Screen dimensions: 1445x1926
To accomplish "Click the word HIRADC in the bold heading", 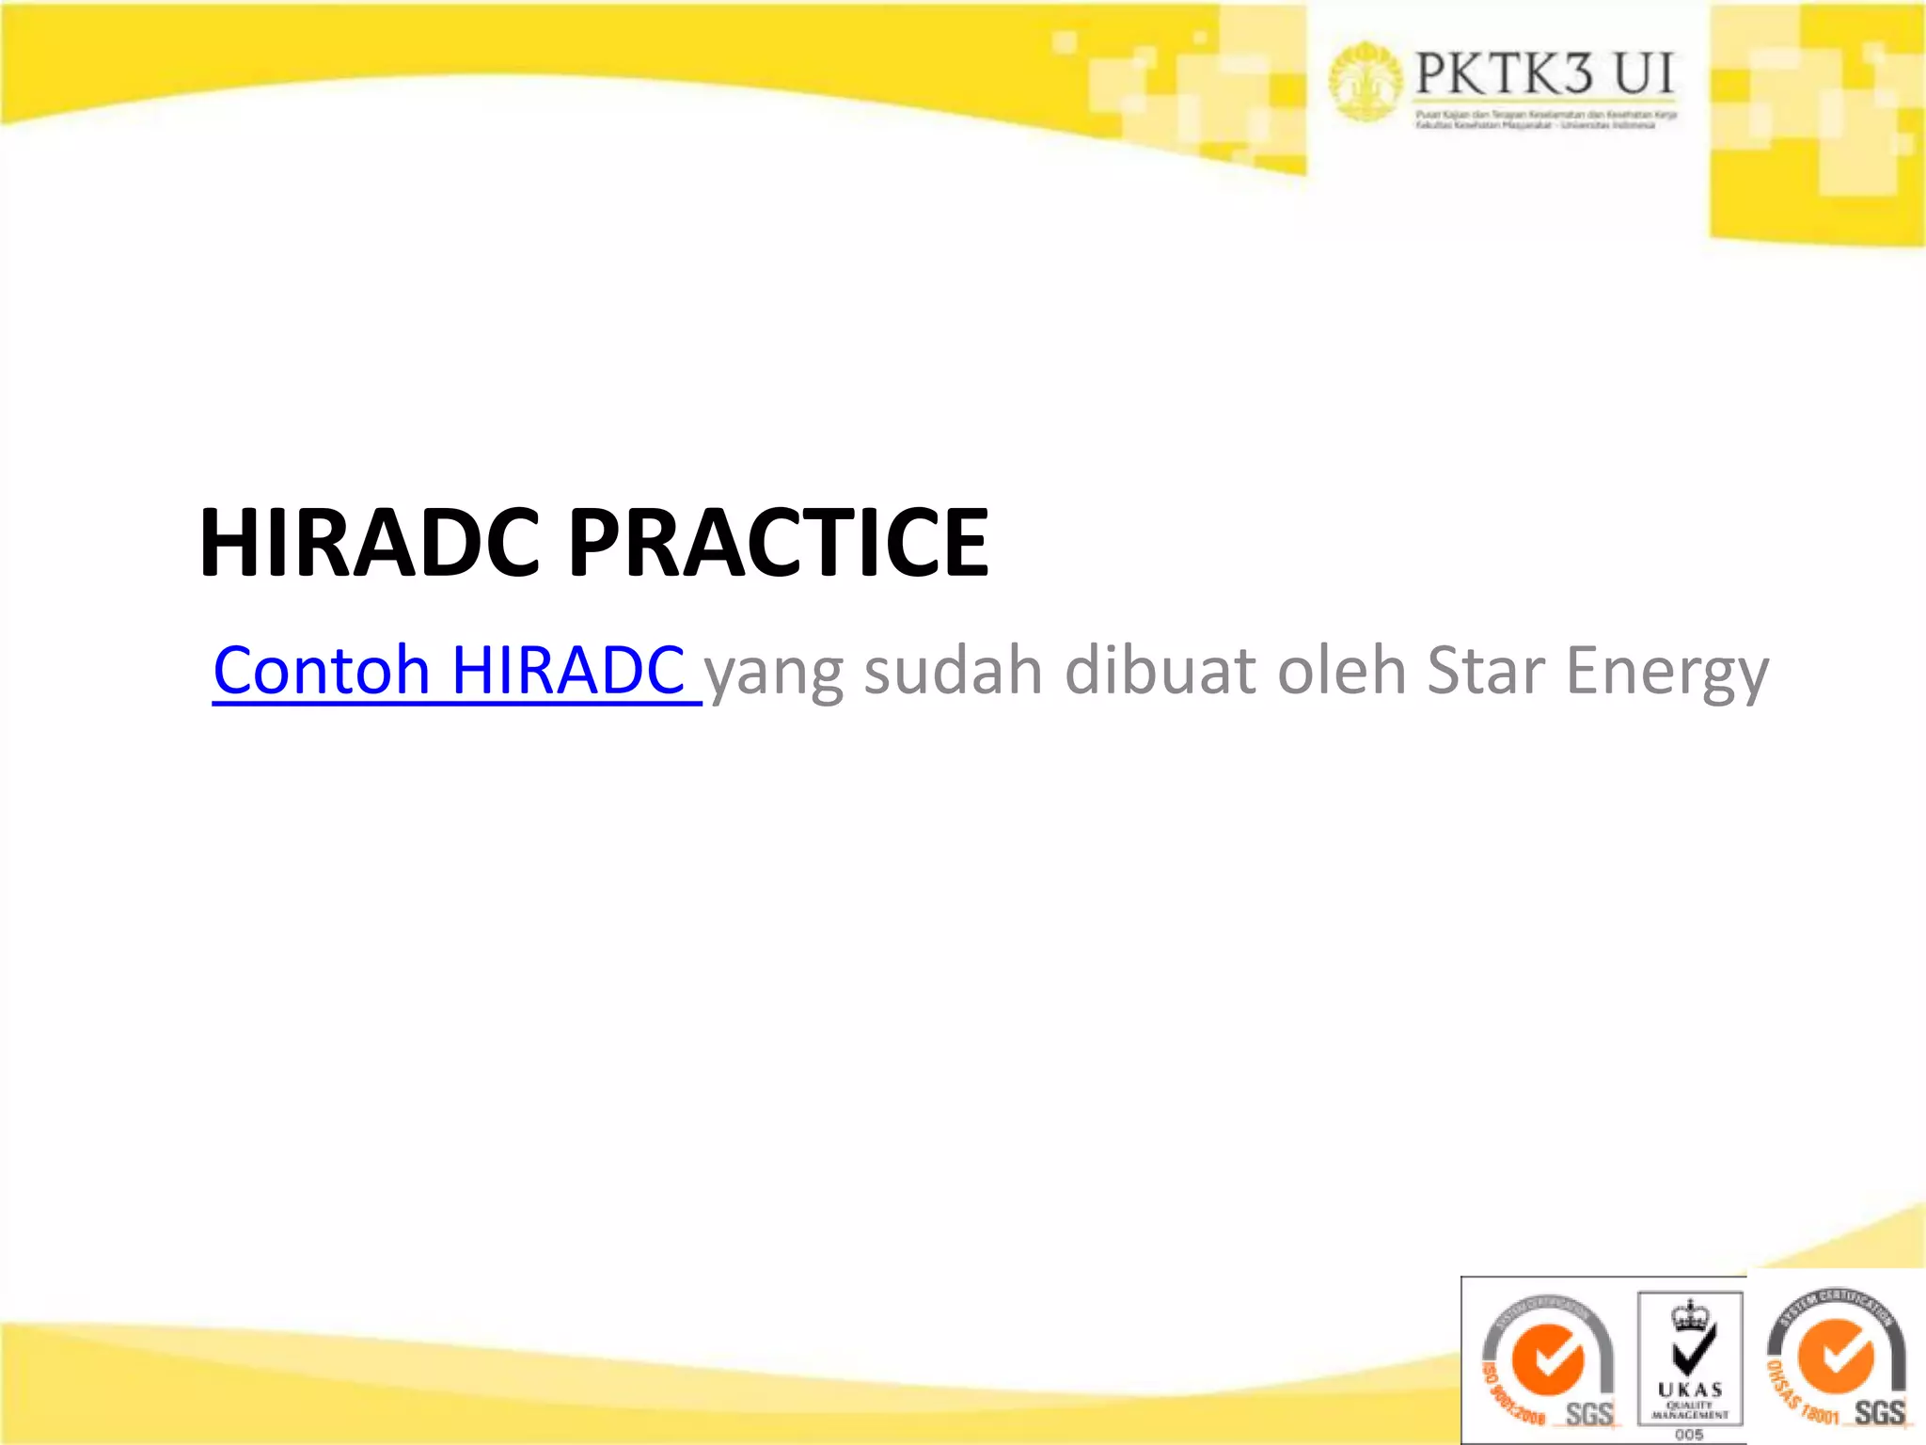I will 369,543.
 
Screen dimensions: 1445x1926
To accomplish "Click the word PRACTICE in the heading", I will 779,543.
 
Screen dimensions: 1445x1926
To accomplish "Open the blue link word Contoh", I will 321,670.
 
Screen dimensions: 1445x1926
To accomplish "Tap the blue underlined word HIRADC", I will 568,670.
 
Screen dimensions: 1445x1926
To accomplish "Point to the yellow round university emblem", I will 1365,81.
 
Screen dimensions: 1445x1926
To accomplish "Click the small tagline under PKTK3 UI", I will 1546,119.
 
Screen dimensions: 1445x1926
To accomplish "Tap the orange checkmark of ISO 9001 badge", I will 1547,1360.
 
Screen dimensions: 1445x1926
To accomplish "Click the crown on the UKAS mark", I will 1689,1315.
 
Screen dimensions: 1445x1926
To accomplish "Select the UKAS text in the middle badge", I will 1690,1389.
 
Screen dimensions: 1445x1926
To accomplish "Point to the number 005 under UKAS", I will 1689,1434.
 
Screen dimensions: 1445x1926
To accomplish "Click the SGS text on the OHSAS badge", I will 1879,1412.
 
